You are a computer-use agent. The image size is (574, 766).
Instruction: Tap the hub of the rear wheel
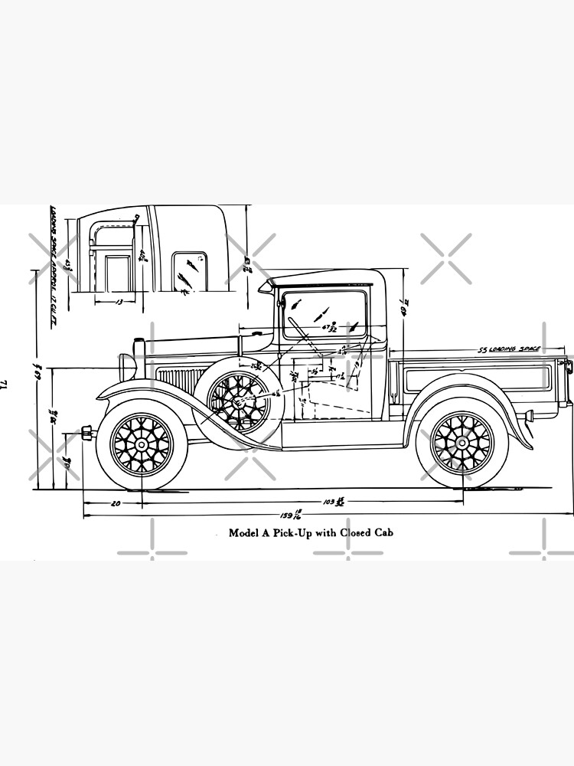coord(462,444)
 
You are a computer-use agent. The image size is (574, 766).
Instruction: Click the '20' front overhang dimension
coord(115,503)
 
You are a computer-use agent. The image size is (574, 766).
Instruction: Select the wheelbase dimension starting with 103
coord(331,503)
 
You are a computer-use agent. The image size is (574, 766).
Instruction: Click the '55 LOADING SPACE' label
coord(509,349)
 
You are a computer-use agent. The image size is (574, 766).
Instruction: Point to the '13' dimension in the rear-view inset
coord(119,303)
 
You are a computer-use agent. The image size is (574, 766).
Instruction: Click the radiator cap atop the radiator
coord(139,341)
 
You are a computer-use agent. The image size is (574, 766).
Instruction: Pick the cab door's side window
coord(325,314)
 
